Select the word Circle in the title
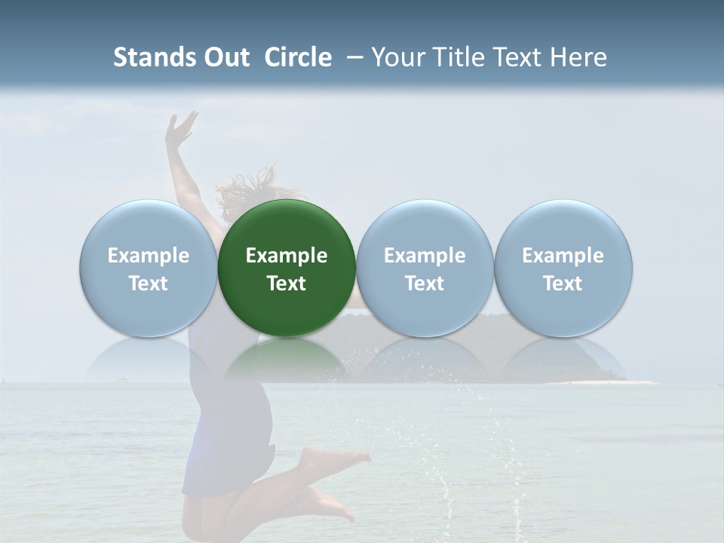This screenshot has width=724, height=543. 298,57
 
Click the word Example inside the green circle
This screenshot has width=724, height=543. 287,256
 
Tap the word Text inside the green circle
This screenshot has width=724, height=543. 287,284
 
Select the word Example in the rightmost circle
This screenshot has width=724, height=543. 563,256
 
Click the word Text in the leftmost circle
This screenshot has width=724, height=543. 148,284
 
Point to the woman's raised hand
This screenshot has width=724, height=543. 181,128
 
